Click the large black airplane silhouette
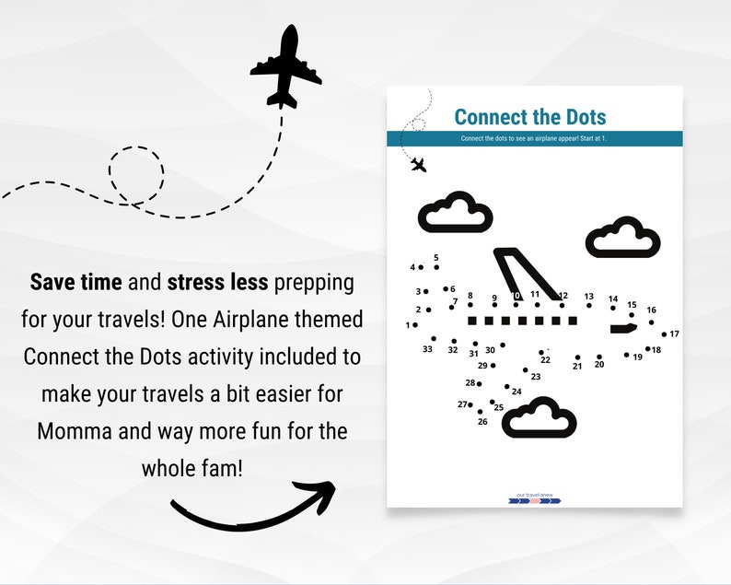286,69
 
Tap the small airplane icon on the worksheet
419,165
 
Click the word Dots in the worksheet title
581,117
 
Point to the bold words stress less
217,282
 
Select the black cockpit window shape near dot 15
622,327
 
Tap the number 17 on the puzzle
674,333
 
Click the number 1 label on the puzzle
408,324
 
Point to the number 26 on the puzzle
482,422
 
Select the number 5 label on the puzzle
435,258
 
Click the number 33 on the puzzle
427,349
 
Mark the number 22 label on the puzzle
545,360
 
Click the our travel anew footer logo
534,498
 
